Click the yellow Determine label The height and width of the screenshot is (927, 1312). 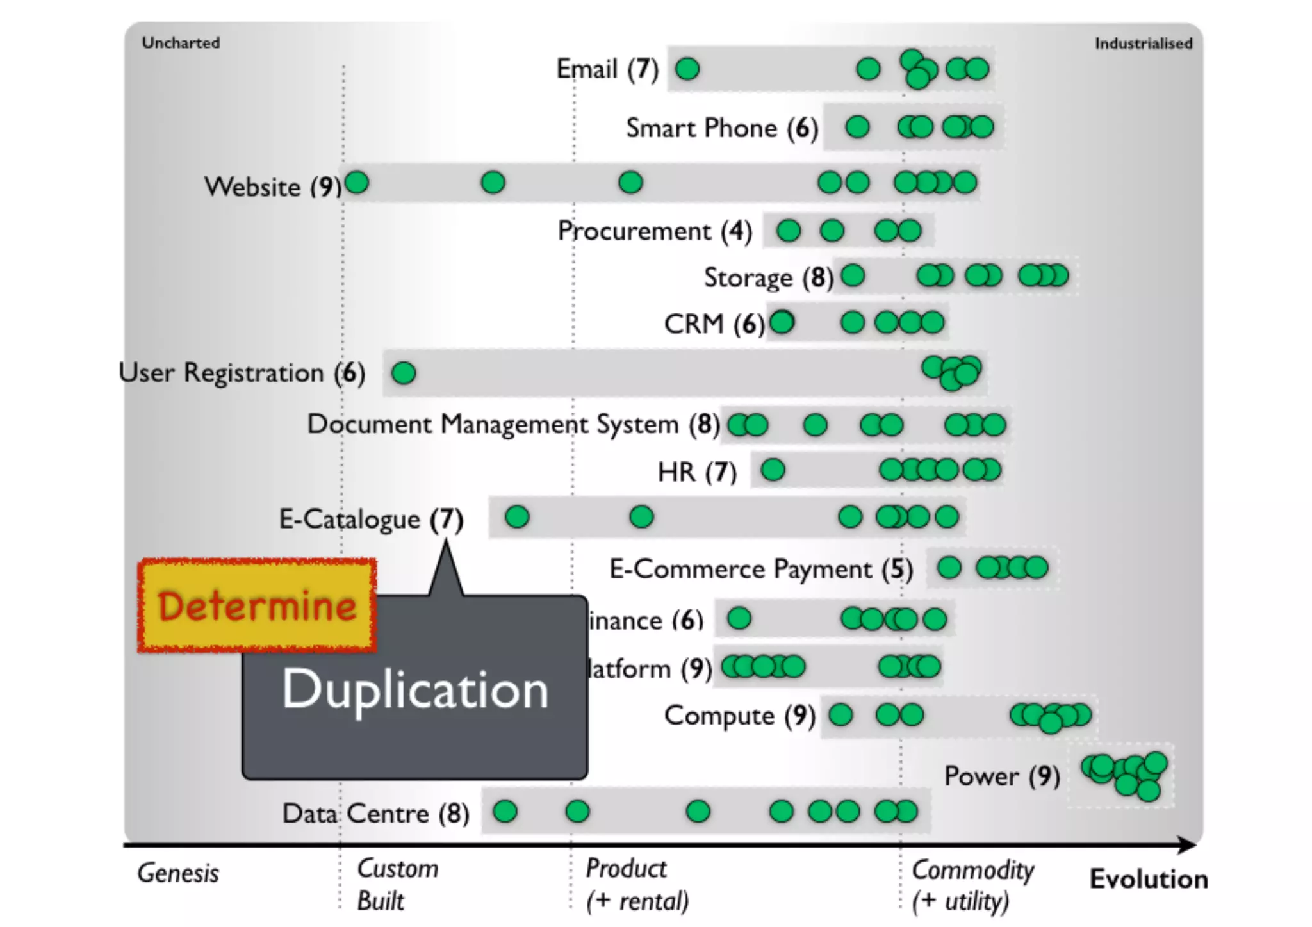coord(256,606)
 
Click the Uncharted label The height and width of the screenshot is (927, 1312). coord(181,43)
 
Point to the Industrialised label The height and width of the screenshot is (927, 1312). coord(1143,44)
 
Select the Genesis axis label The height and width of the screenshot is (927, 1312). coord(178,873)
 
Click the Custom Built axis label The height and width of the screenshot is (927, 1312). coord(397,885)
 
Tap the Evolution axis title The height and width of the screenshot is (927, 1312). coord(1149,879)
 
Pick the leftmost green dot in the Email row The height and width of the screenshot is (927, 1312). coord(687,69)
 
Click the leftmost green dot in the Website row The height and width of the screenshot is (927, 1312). coord(357,183)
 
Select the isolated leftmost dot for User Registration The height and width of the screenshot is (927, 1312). coord(404,373)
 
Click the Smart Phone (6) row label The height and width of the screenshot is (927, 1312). coord(722,128)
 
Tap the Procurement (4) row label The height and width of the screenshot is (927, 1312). coord(654,231)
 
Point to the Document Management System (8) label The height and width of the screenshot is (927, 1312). coord(513,424)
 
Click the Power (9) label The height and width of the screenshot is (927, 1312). coord(1001,776)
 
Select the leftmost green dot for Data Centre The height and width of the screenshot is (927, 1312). coord(505,812)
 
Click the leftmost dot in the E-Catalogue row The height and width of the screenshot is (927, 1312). coord(517,516)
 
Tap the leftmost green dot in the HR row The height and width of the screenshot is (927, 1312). coord(773,470)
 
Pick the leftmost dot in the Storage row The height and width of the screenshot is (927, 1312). coord(853,275)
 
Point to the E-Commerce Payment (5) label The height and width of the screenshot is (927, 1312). coord(760,569)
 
